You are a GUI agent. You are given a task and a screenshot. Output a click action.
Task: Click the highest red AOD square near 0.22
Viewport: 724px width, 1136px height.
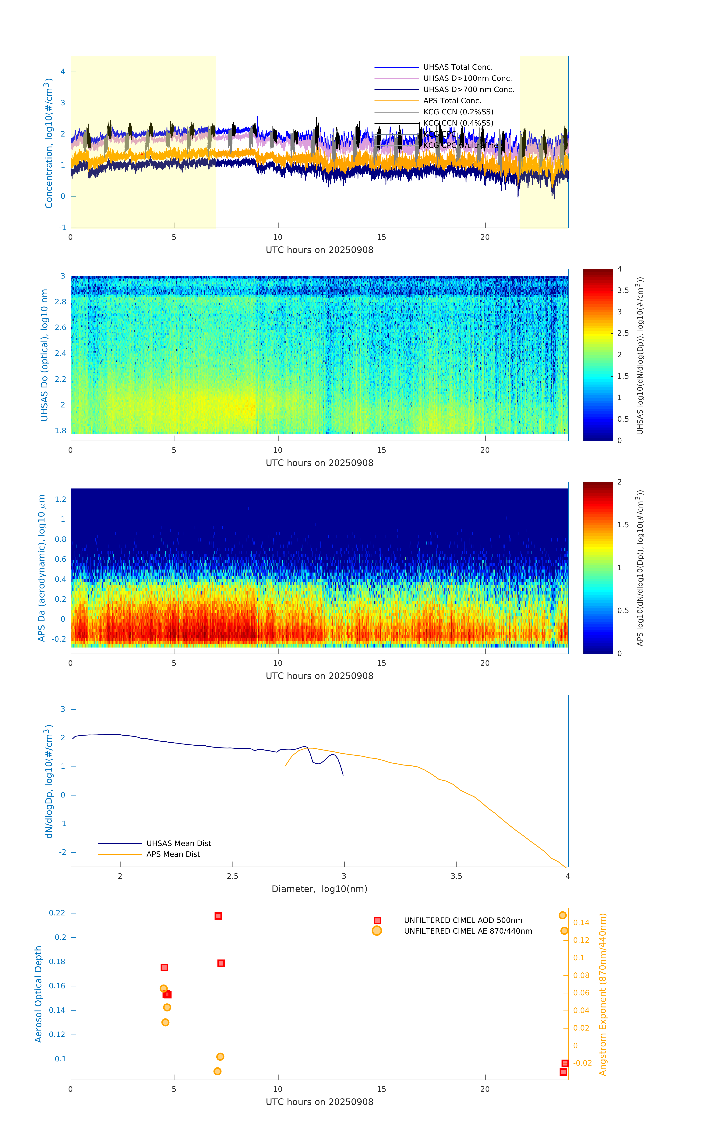coord(218,916)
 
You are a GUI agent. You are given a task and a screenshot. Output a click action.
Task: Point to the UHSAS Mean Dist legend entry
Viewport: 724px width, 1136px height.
coord(178,843)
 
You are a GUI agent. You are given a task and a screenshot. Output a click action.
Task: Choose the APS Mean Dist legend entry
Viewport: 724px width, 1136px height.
coord(173,854)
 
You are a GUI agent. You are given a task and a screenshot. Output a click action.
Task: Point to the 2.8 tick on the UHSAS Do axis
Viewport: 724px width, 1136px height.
coord(60,302)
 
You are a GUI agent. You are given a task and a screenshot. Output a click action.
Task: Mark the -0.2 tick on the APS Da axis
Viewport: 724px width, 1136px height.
coord(59,639)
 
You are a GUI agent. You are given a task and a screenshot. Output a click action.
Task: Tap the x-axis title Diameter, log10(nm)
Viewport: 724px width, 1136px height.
coord(319,889)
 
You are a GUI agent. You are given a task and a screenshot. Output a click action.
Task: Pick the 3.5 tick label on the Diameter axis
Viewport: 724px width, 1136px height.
coord(456,876)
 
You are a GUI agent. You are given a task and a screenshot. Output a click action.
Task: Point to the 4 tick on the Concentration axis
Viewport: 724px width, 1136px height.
coord(63,72)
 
